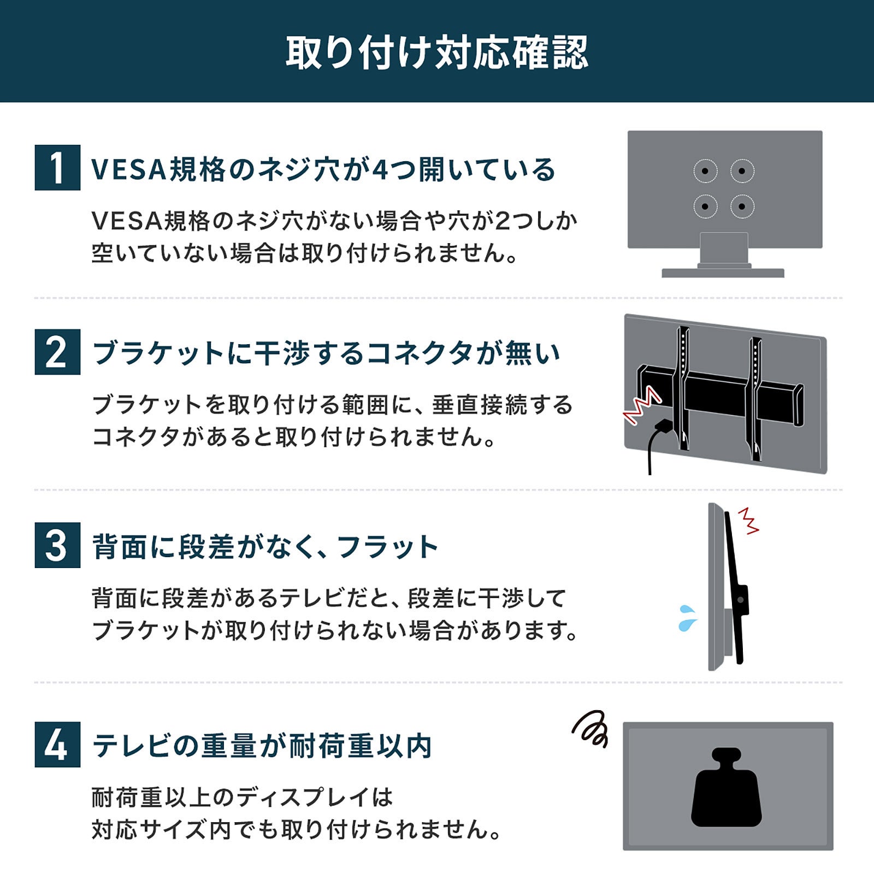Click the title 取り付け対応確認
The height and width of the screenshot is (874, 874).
coord(437,52)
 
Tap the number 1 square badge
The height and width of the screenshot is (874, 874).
coord(57,168)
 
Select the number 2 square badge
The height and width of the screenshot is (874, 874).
coord(57,352)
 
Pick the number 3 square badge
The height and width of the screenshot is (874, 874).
coord(57,545)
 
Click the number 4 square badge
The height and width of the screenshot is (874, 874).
coord(57,745)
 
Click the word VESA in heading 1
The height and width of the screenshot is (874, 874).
coord(128,169)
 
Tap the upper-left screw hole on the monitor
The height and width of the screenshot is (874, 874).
coord(705,171)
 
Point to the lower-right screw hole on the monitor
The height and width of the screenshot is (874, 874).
coord(742,206)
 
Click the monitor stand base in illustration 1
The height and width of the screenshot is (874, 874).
coord(723,273)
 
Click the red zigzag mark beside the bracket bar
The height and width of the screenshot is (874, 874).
coord(643,405)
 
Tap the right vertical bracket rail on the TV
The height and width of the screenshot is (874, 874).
coord(756,399)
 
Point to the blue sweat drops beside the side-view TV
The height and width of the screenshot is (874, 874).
coord(688,618)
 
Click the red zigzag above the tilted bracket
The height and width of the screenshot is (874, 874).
coord(748,521)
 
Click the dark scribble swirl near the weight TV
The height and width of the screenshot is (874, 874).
coord(590,729)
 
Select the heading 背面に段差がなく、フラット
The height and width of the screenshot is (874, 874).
coord(265,547)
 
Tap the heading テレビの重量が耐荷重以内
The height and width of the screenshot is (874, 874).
coord(262,746)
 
